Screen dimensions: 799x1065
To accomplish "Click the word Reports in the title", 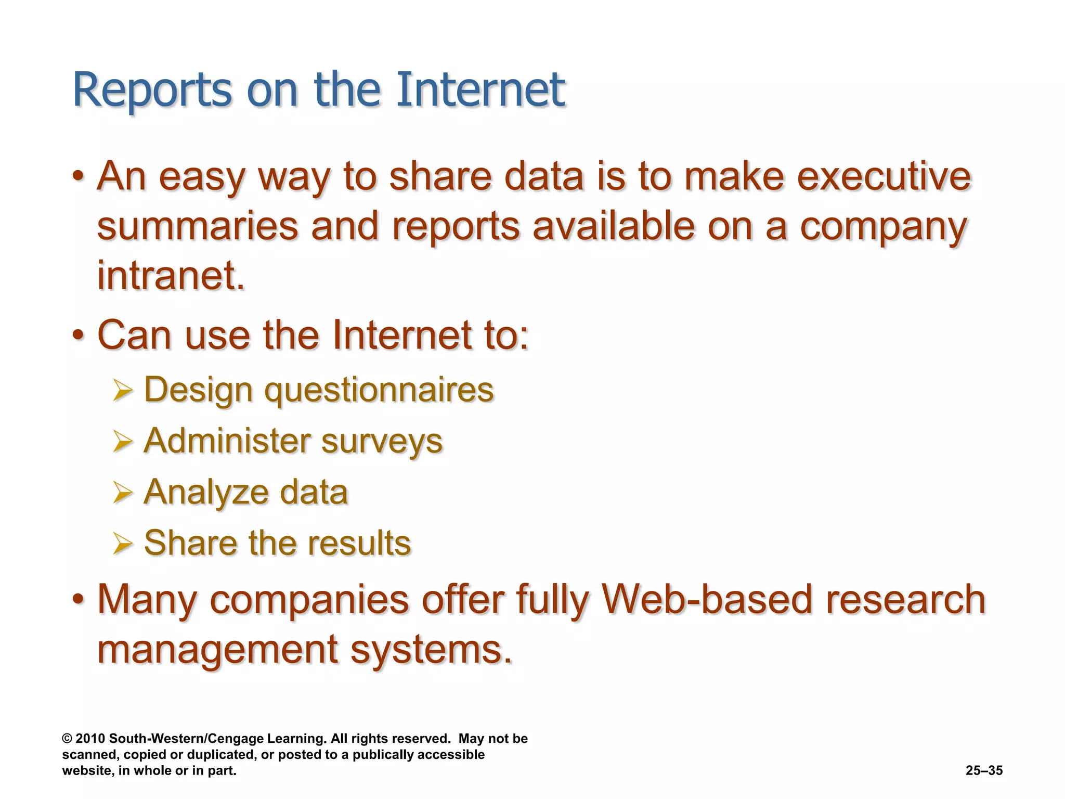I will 152,91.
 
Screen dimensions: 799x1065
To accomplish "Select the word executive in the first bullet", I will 884,177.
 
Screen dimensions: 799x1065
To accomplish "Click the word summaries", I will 198,227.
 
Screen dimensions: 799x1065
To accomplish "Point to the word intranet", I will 171,275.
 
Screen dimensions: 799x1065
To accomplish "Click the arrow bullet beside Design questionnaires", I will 123,391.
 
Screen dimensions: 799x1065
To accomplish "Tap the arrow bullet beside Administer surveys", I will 123,442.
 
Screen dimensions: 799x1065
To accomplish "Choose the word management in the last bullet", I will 218,650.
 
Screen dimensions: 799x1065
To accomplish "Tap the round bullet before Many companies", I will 78,600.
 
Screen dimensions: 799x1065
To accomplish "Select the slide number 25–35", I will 984,770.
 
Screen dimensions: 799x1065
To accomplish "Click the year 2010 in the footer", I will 90,739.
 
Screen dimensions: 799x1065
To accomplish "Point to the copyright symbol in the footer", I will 67,739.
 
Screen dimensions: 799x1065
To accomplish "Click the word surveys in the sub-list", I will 382,442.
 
